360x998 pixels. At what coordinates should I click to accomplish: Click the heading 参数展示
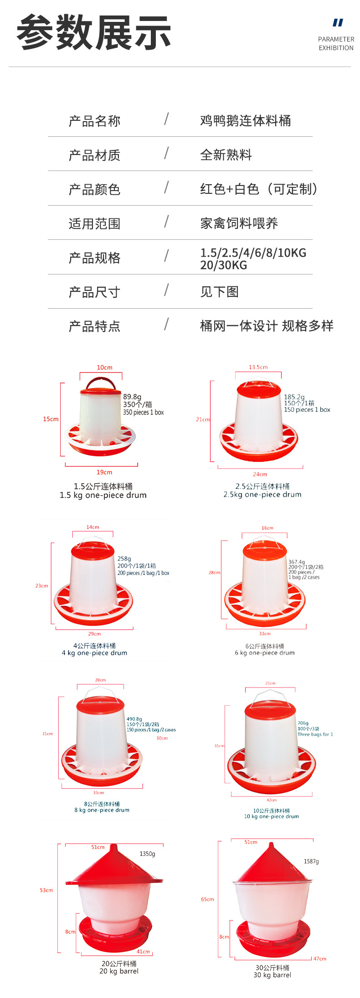93,32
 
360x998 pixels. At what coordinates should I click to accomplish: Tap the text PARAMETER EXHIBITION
336,43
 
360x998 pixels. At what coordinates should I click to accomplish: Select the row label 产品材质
94,155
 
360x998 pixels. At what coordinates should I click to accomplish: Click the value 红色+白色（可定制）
258,189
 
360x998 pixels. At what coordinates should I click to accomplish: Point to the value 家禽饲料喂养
239,223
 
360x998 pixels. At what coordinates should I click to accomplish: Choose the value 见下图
219,291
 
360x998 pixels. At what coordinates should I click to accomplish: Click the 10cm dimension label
104,367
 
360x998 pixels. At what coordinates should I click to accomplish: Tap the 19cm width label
104,472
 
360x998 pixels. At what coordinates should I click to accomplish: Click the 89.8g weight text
132,397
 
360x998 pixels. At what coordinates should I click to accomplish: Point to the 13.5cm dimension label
258,367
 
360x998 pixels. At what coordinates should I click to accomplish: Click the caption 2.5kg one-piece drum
262,494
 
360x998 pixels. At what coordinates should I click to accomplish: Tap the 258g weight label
124,558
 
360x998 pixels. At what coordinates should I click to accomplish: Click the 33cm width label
264,633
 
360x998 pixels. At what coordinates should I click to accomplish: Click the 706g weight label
303,723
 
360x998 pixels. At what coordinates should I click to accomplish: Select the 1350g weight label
147,853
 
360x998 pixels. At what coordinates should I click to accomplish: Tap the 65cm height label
207,899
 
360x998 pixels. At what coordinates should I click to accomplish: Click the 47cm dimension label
320,958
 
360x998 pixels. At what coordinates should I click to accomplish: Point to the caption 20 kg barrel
119,971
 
